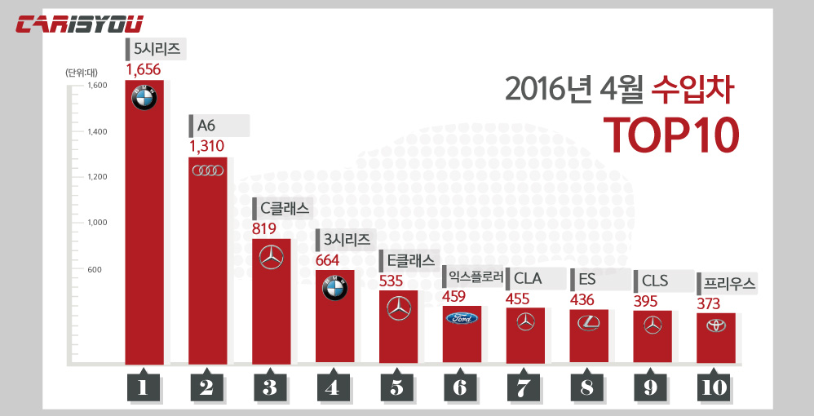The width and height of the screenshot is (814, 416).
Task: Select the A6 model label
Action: click(207, 126)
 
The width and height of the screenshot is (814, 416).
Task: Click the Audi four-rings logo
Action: click(207, 170)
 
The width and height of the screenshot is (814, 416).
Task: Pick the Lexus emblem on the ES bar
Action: click(588, 323)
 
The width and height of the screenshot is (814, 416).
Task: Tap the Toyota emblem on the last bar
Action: click(715, 325)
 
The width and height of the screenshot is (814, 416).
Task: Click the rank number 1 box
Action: click(144, 387)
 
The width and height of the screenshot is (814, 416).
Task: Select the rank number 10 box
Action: click(714, 387)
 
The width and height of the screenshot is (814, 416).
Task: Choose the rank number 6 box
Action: click(461, 387)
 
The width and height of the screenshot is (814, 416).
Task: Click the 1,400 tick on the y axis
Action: click(96, 131)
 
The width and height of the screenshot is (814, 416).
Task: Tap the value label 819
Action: click(268, 228)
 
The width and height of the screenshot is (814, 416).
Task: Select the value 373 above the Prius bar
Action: click(713, 303)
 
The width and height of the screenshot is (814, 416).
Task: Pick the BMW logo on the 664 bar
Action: click(334, 287)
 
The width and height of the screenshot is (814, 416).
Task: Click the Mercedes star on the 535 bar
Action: click(398, 308)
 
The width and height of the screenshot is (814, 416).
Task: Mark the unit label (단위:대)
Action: click(82, 73)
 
